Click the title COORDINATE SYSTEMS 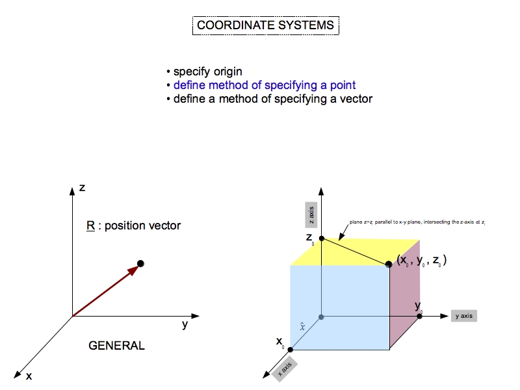point(265,25)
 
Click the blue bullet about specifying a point point(264,85)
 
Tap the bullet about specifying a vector point(272,99)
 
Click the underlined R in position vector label point(90,226)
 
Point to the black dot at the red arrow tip point(140,263)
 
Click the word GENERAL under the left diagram point(116,346)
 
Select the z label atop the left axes point(82,188)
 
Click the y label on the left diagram point(185,324)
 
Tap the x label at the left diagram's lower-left point(29,376)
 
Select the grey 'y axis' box point(463,316)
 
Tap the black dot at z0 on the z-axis point(321,239)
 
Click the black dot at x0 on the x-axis point(290,350)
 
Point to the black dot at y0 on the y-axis point(419,317)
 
